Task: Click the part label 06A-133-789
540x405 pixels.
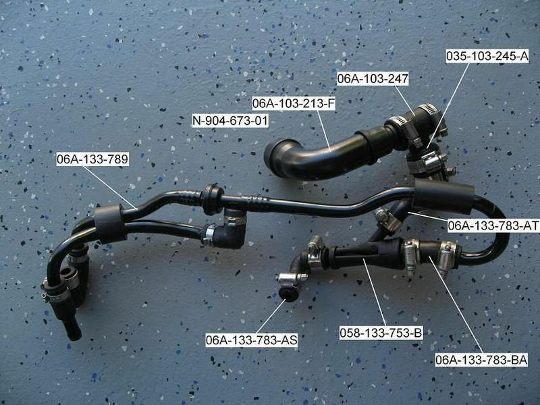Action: [x=92, y=160]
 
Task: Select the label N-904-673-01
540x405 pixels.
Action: [x=230, y=121]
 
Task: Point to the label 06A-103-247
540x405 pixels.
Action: [x=373, y=79]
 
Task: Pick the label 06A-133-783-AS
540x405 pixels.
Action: [x=251, y=340]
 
